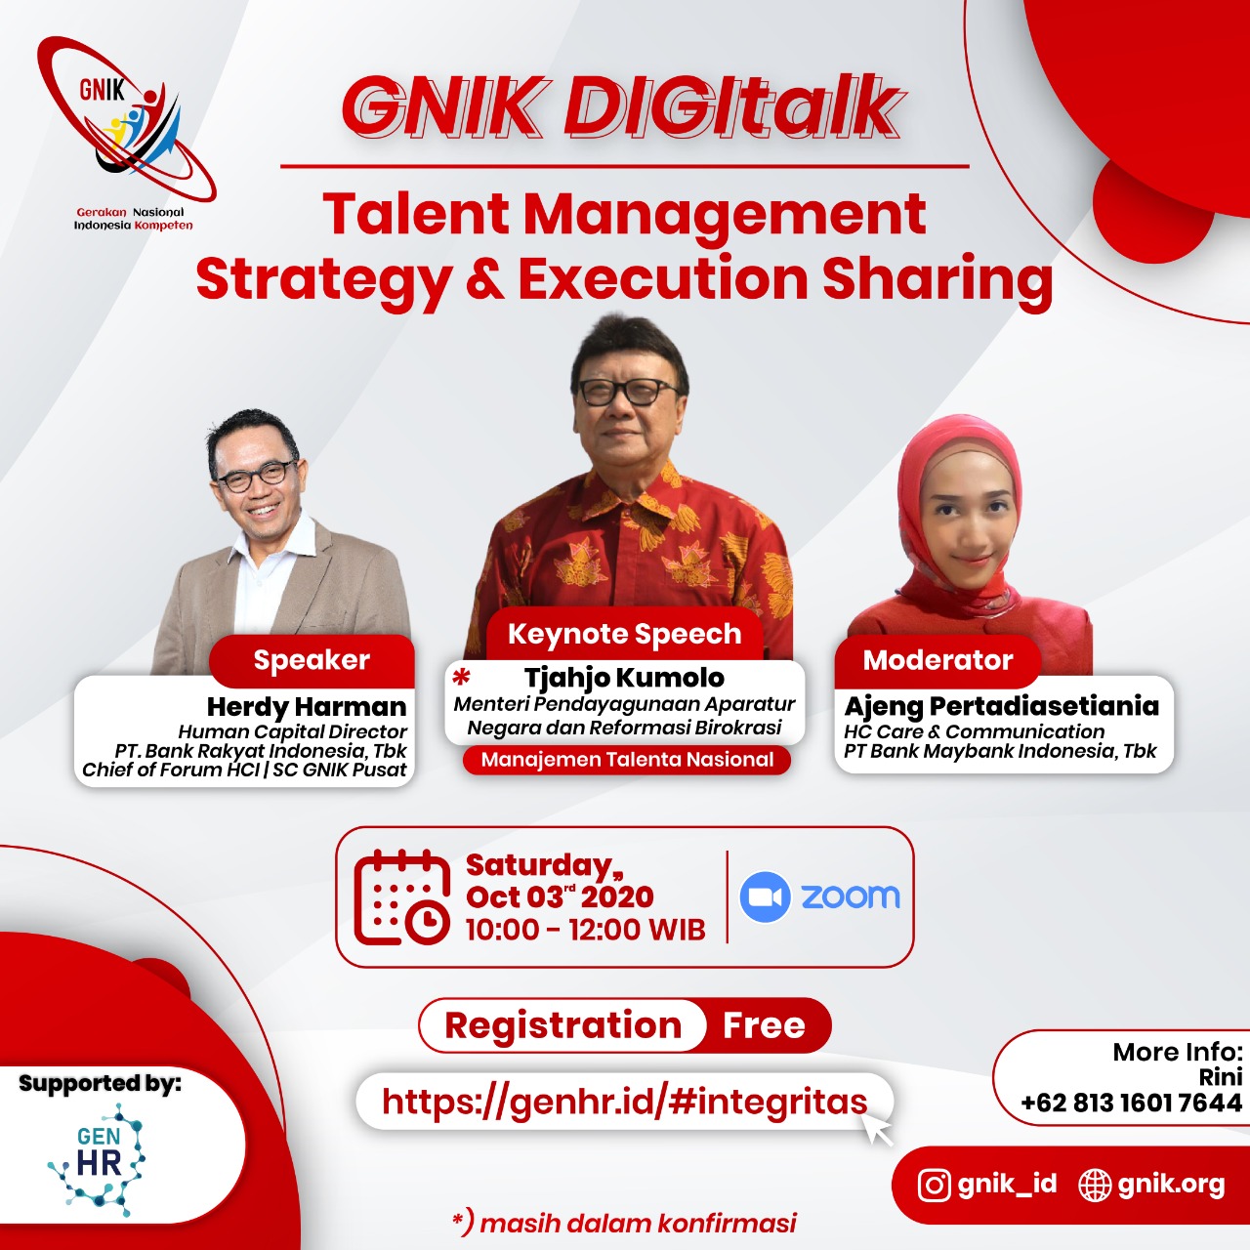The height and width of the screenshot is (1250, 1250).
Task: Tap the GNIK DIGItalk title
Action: coord(621,108)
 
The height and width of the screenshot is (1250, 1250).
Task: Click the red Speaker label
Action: coord(312,660)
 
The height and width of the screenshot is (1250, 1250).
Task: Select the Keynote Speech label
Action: coord(625,634)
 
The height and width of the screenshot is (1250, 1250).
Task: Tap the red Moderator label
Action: coord(937,661)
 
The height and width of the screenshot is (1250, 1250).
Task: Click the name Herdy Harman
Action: coord(307,706)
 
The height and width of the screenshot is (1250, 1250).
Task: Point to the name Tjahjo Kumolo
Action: coord(624,677)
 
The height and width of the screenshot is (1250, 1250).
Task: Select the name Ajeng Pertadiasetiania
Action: coord(1002,706)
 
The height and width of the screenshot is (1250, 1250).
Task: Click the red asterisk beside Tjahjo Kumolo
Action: coord(461,678)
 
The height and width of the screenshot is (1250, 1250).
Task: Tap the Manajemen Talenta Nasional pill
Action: coord(627,760)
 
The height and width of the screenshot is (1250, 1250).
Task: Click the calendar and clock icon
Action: coord(402,897)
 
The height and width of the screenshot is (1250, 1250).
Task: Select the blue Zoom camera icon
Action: coord(766,897)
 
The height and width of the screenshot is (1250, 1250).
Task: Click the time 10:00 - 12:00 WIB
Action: coord(586,930)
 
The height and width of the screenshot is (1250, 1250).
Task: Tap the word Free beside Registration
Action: coord(764,1025)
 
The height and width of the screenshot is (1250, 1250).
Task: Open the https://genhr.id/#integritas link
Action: coord(625,1102)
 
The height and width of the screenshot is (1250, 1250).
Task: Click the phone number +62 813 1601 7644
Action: coord(1131,1103)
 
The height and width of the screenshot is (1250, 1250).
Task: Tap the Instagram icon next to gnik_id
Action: coord(935,1186)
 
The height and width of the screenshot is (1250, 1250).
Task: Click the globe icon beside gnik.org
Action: coord(1095,1186)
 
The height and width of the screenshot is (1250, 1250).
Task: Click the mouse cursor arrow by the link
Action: coord(878,1130)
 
